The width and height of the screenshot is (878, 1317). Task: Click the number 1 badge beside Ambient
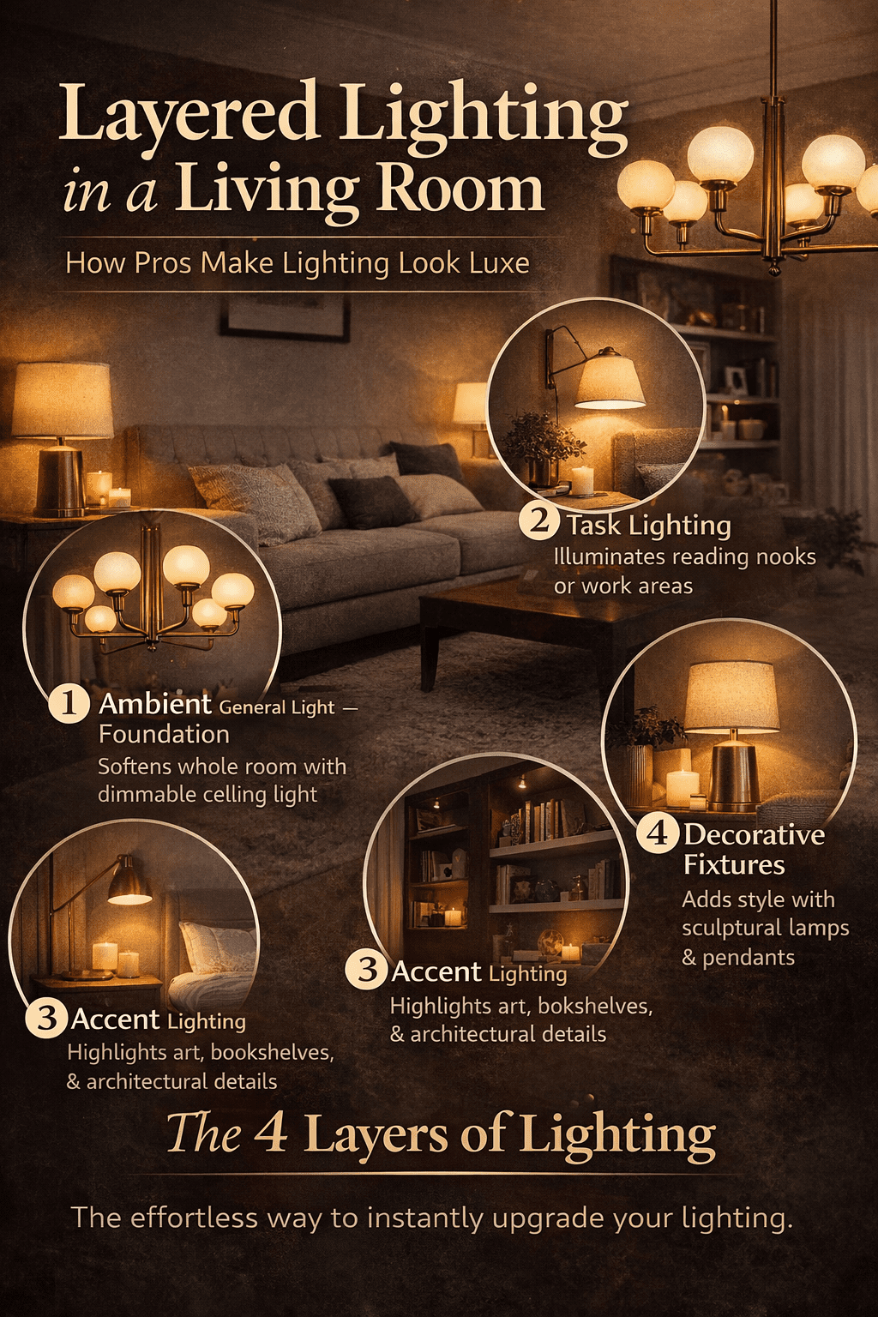tap(69, 703)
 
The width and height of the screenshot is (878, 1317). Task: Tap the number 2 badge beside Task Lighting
tap(539, 520)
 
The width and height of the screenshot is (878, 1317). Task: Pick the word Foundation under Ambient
tap(164, 734)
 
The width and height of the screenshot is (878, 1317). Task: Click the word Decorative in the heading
tap(755, 834)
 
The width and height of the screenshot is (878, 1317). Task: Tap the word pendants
tap(749, 957)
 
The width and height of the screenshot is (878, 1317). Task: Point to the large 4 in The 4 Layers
tap(271, 1133)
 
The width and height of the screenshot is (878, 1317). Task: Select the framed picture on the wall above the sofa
tap(285, 315)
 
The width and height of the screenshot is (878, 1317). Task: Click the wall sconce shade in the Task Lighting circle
tap(610, 382)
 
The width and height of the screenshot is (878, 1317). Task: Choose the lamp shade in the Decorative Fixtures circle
tap(731, 696)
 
